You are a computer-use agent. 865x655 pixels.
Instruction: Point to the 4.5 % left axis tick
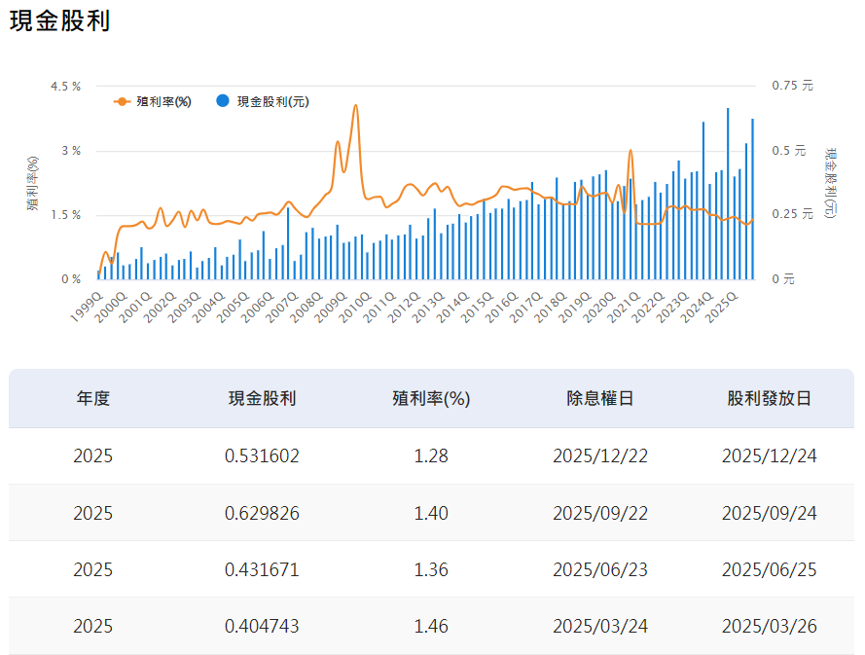coord(65,86)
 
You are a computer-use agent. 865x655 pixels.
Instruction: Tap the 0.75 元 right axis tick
coord(791,86)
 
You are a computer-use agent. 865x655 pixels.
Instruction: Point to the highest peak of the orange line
coord(355,105)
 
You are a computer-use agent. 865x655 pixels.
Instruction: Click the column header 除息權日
coord(600,398)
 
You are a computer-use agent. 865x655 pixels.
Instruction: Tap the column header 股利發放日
coord(770,398)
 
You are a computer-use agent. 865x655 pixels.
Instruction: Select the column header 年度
coord(93,398)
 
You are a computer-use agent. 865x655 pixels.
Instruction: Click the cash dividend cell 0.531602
coord(262,455)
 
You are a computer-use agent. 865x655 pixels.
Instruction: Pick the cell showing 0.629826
coord(262,512)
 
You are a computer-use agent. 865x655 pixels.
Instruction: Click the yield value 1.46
coord(431,625)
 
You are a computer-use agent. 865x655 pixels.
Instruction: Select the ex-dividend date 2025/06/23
coord(600,568)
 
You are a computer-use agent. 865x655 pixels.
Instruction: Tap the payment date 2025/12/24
coord(770,455)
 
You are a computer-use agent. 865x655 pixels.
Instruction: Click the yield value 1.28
coord(431,455)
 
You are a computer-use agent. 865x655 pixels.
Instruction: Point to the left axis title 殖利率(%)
coord(32,183)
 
